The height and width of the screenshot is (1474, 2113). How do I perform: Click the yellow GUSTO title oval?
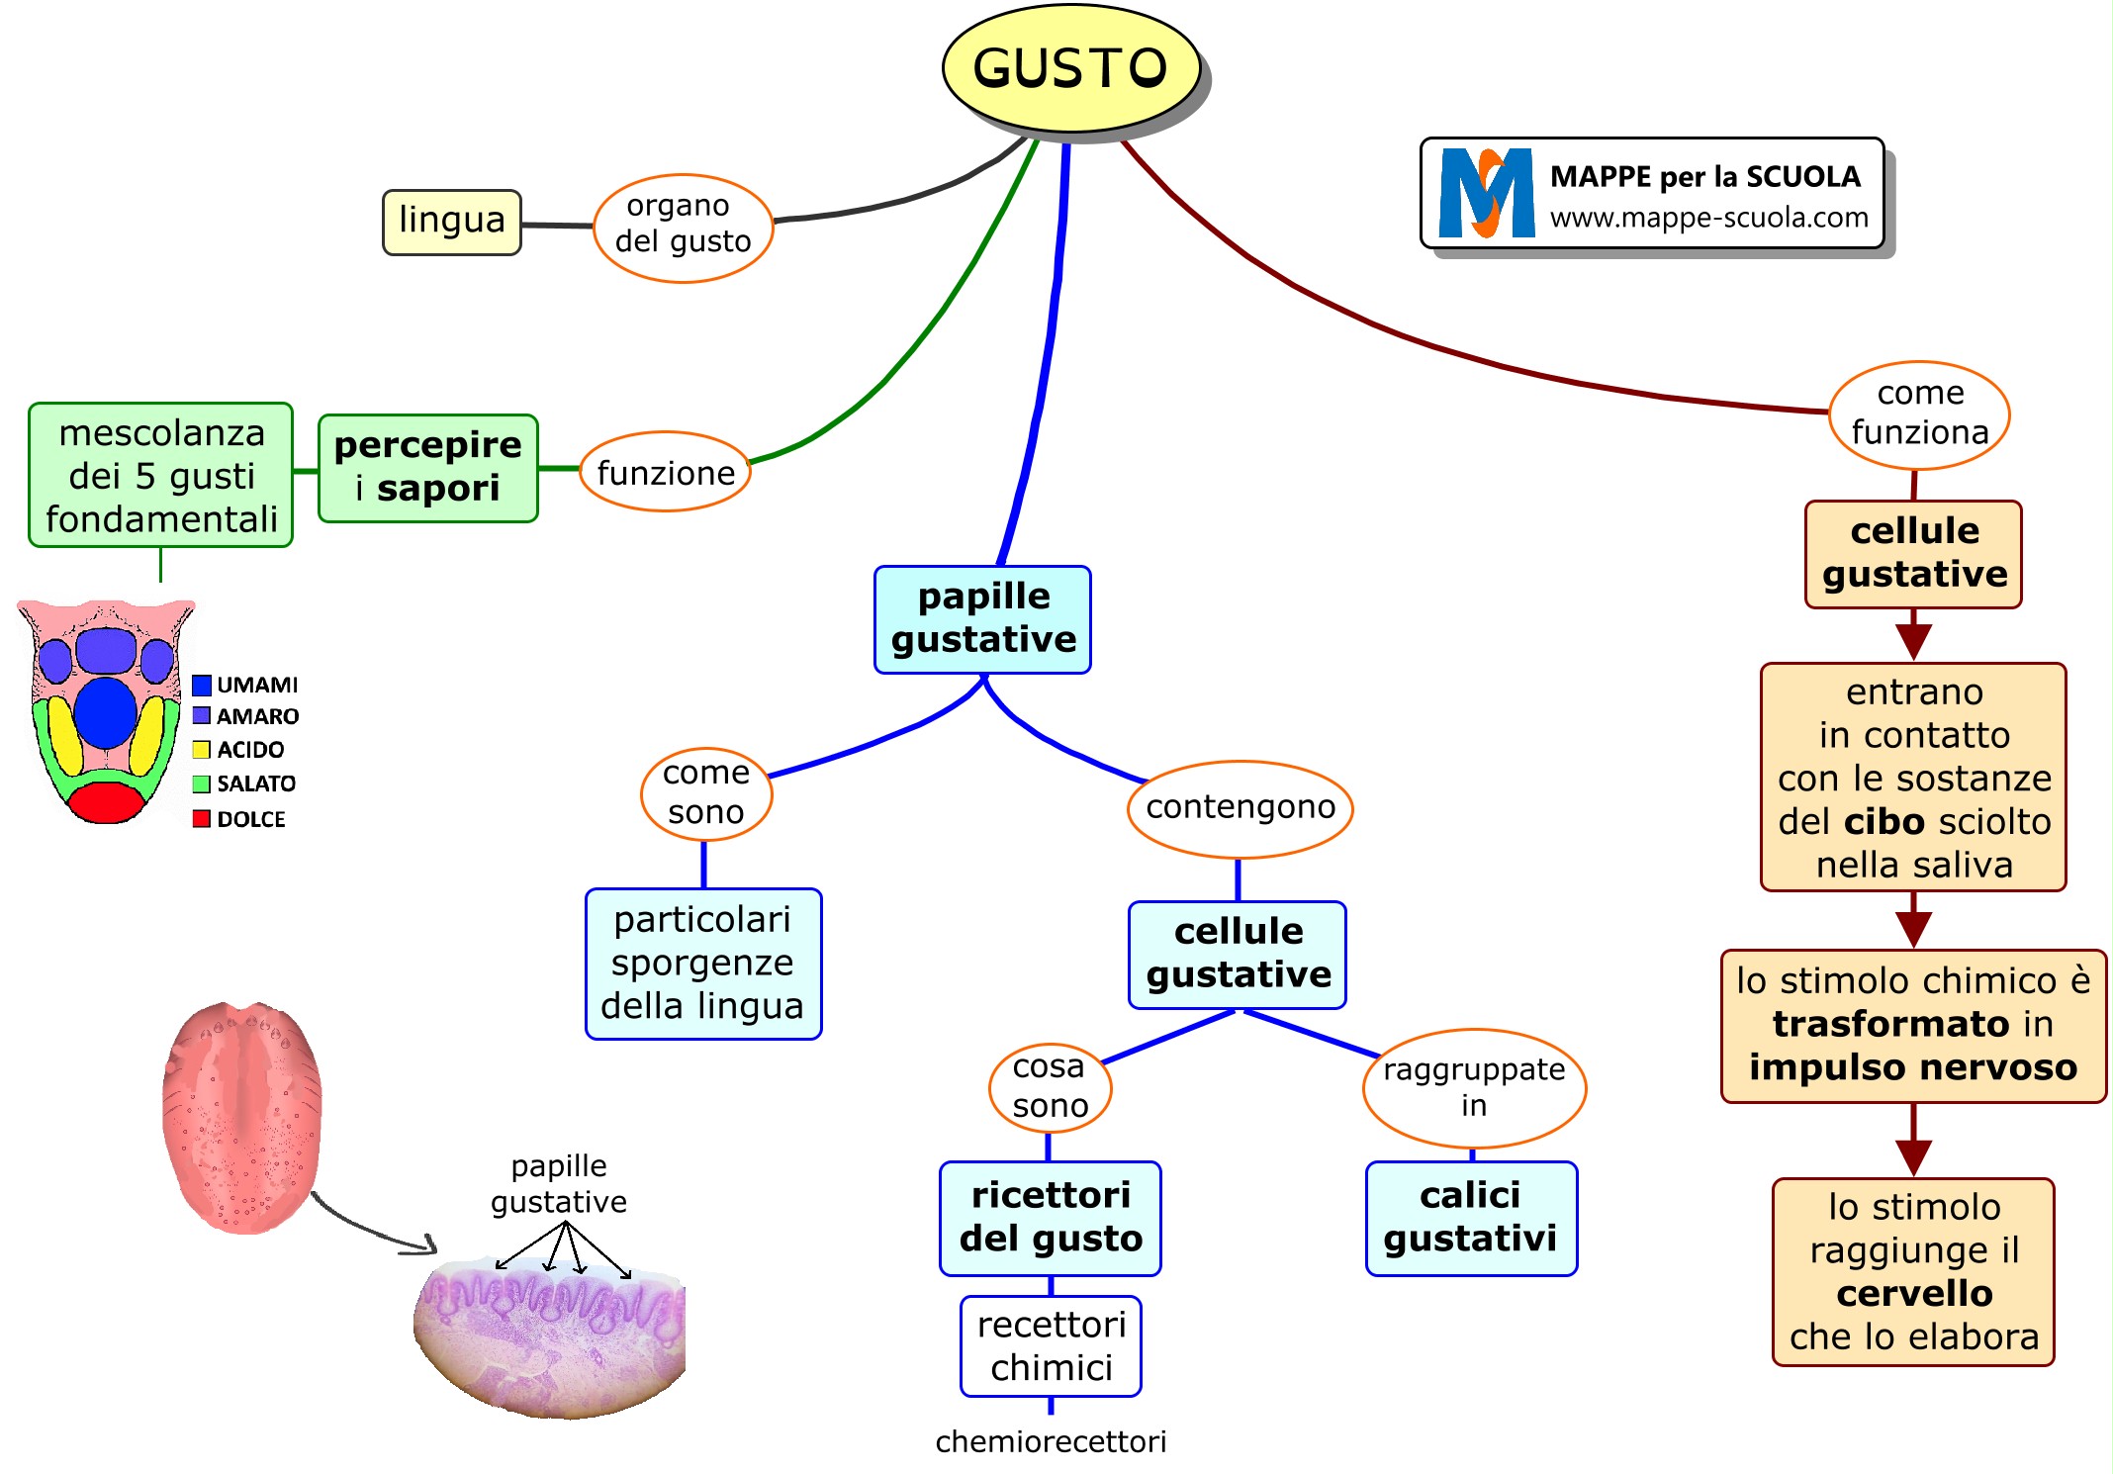click(1071, 68)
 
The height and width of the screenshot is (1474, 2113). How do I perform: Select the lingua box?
click(452, 222)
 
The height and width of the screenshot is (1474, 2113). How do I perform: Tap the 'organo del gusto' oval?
click(683, 228)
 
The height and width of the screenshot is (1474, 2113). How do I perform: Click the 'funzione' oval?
click(665, 472)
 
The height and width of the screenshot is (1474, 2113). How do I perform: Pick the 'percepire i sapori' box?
click(427, 467)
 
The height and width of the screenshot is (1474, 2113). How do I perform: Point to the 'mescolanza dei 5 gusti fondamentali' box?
click(161, 475)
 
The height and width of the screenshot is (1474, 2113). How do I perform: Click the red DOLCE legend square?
click(202, 819)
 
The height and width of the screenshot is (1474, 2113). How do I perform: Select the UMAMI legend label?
click(257, 685)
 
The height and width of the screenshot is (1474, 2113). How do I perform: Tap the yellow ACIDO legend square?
click(202, 750)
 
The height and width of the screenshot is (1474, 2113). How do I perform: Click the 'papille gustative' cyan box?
click(982, 619)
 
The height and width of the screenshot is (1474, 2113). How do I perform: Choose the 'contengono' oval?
click(1240, 808)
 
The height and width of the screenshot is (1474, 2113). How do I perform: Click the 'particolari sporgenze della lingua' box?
click(702, 964)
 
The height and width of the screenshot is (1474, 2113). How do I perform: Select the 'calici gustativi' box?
click(1470, 1218)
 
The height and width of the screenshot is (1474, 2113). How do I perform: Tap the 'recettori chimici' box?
click(1051, 1346)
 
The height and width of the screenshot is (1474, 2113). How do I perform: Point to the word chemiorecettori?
click(1051, 1442)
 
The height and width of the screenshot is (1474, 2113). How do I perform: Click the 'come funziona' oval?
click(1919, 415)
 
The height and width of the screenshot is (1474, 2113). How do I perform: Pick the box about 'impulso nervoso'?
click(1913, 1025)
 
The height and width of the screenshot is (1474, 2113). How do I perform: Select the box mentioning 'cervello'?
click(1913, 1272)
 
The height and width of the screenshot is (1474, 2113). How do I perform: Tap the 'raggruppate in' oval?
click(1473, 1088)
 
